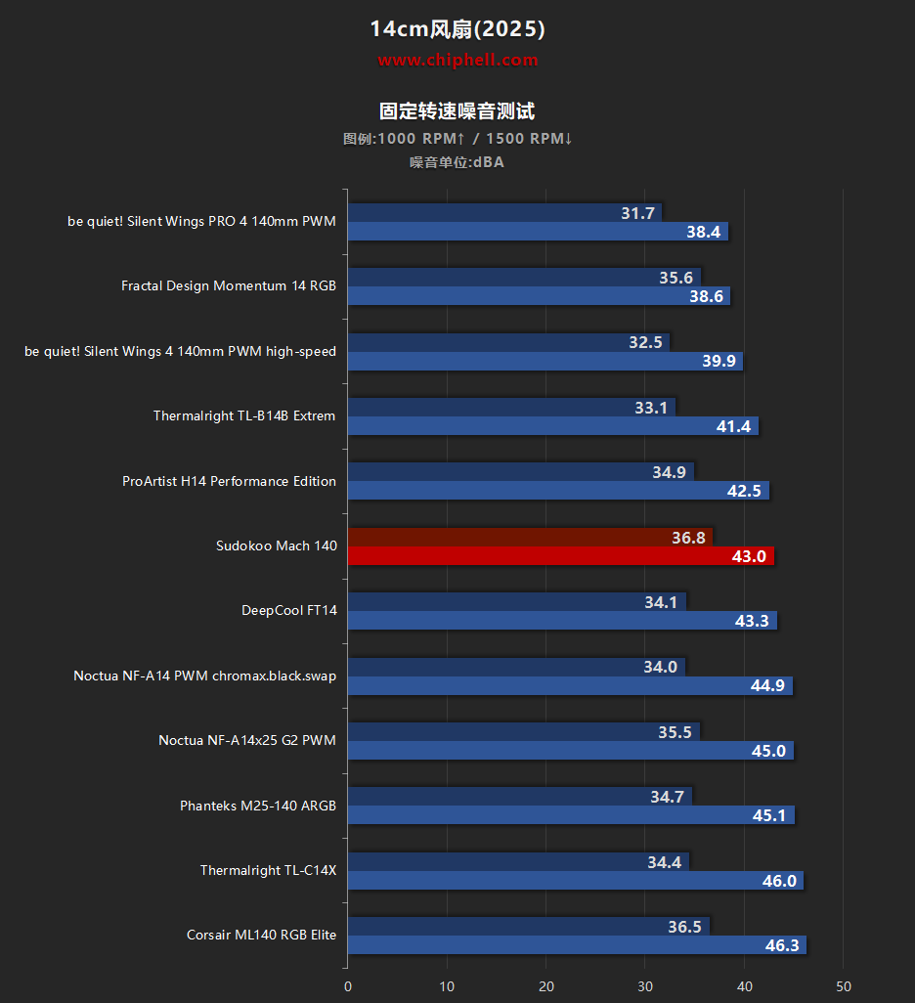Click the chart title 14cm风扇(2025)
coord(457,29)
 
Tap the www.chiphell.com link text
coord(457,61)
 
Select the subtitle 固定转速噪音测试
coord(457,111)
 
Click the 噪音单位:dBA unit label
coord(457,162)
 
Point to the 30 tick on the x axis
coord(645,986)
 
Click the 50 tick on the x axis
coord(844,986)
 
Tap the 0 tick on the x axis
coord(348,986)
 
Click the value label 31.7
coord(637,213)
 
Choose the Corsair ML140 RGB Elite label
coord(261,936)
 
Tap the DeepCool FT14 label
coord(288,611)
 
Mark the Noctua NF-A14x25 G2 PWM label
coord(246,741)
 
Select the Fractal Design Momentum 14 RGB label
coord(229,286)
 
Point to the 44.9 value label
coord(767,685)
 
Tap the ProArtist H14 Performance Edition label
coord(229,481)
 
